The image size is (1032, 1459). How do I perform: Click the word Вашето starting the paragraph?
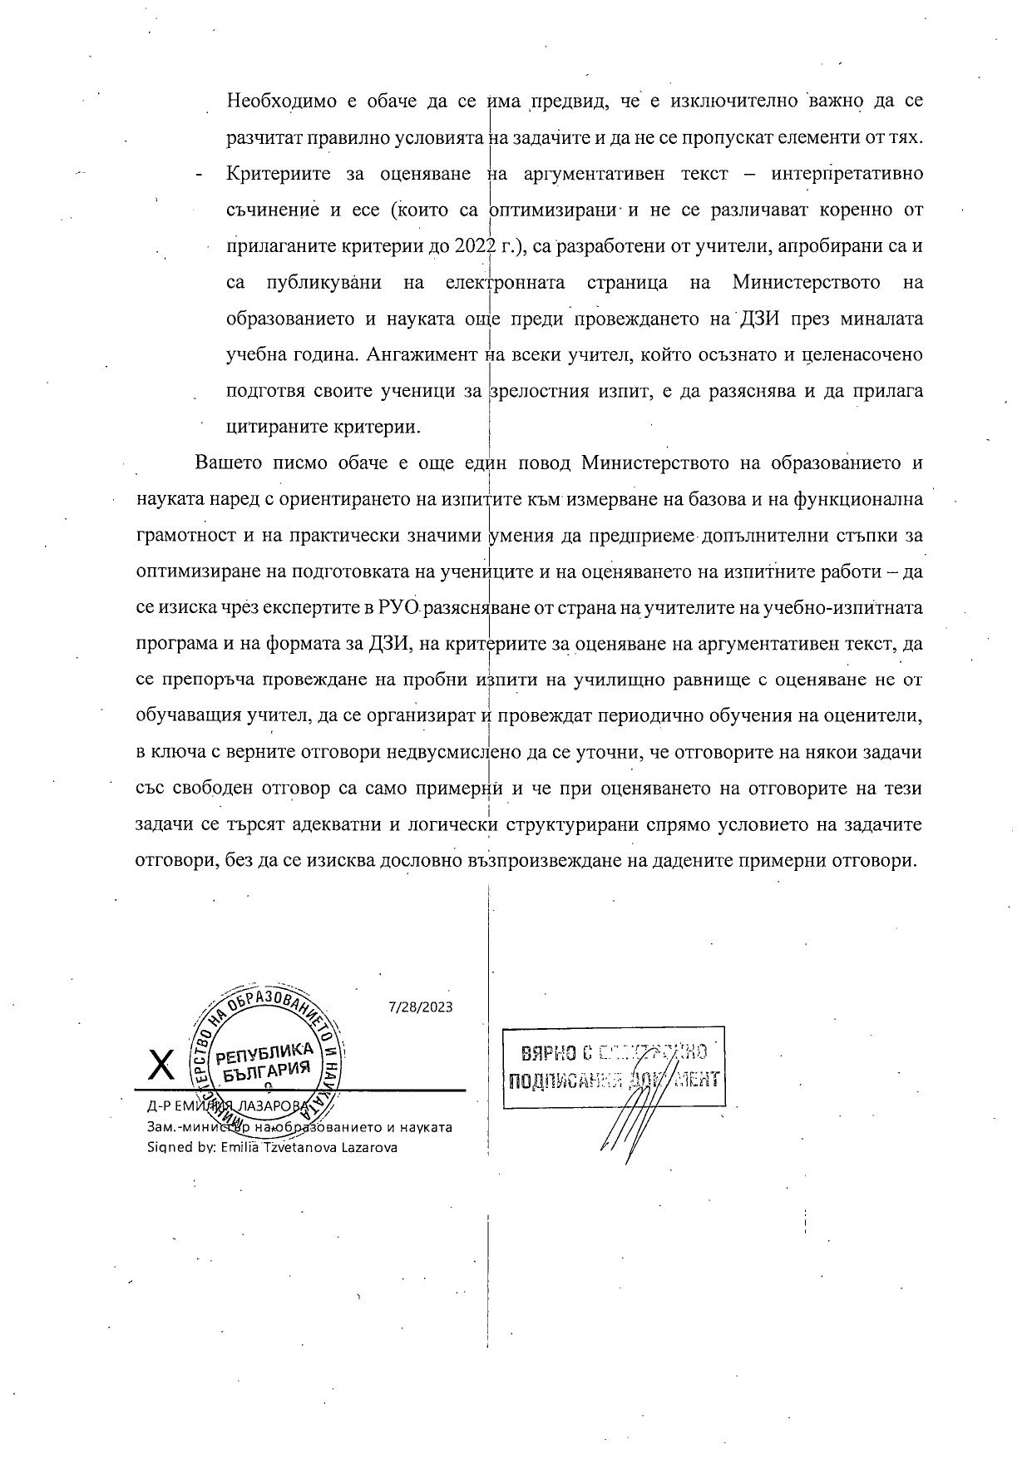click(x=223, y=462)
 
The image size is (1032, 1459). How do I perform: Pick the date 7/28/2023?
click(x=421, y=1006)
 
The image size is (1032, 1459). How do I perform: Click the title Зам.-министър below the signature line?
click(x=188, y=1128)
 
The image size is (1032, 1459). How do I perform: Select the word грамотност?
click(x=185, y=536)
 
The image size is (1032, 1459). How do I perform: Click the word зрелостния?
click(x=542, y=390)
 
